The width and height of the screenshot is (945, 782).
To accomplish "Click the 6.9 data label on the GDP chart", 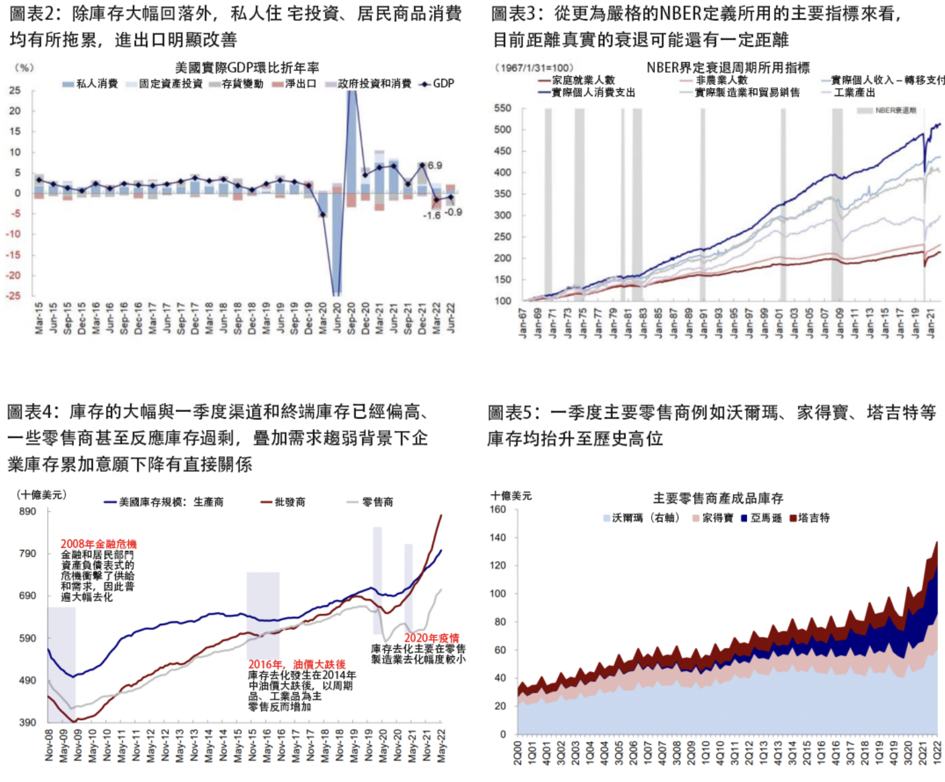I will (434, 165).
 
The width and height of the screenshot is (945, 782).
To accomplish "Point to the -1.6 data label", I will (431, 216).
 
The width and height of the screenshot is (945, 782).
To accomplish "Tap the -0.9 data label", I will (453, 212).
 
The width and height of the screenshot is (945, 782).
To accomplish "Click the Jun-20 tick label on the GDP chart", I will (337, 318).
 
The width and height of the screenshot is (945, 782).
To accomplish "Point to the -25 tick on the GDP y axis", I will (14, 296).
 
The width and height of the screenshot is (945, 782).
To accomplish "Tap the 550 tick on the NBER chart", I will (503, 108).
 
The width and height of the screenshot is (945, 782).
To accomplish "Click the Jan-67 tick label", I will (523, 323).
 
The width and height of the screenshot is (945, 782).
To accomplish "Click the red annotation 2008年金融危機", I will (99, 544).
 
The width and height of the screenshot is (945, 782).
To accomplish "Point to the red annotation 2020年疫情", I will (431, 638).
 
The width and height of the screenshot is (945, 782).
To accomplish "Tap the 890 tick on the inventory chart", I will (28, 511).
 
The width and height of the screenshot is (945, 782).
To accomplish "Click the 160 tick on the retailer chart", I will (498, 509).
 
